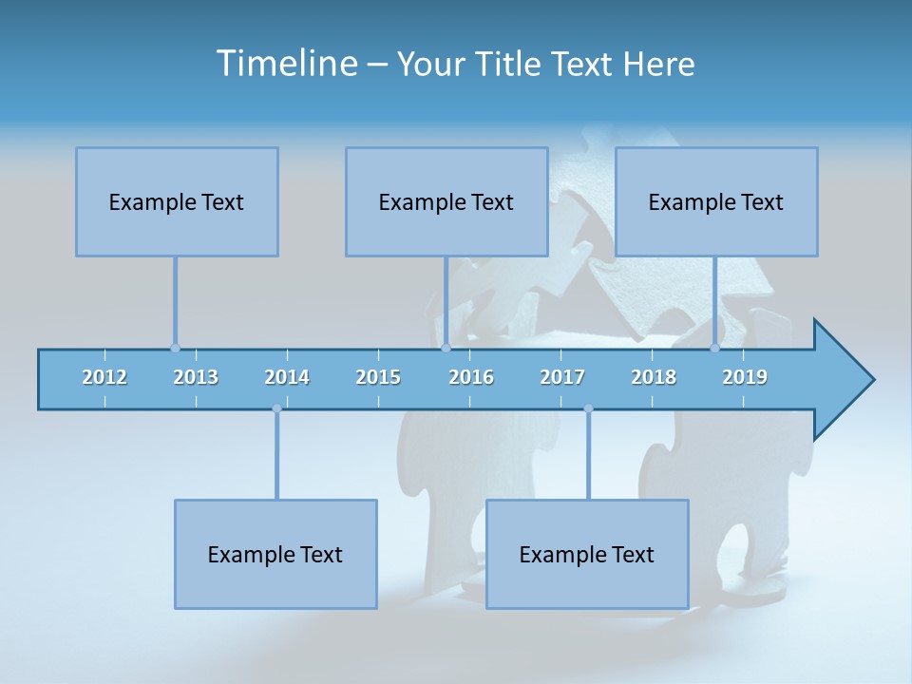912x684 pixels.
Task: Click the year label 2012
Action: (x=104, y=377)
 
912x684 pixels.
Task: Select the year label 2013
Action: (x=196, y=377)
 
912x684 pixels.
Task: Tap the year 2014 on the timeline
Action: (x=287, y=377)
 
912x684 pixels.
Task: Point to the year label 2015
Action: (x=378, y=377)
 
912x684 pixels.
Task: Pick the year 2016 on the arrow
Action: (x=471, y=377)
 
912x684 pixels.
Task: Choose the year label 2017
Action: (x=562, y=377)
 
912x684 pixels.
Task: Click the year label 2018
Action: (x=654, y=377)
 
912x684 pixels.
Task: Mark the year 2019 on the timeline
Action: (x=745, y=377)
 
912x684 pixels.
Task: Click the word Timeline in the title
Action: (x=286, y=64)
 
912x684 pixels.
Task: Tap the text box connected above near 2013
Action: (x=177, y=201)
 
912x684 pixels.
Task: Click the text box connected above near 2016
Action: (x=446, y=201)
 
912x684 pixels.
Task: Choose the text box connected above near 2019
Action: (x=716, y=201)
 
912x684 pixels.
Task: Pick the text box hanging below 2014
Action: (x=275, y=554)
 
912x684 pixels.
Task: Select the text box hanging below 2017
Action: (x=587, y=554)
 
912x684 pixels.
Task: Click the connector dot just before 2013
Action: (x=175, y=348)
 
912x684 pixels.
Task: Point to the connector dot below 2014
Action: (x=276, y=409)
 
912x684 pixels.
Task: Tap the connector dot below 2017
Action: (x=588, y=409)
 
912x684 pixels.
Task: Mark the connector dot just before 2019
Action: (x=715, y=348)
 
